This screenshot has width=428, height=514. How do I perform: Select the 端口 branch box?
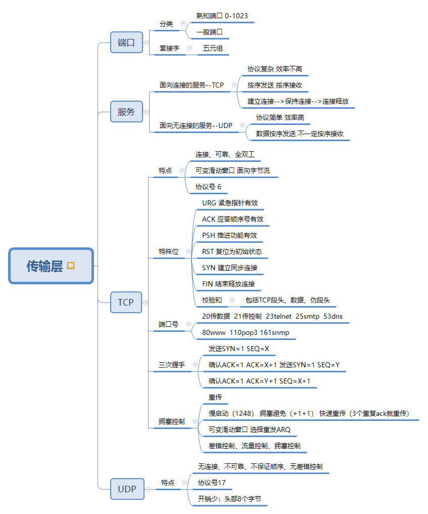tap(126, 42)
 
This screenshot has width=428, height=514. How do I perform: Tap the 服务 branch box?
tap(126, 112)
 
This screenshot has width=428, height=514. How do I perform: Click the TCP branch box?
tap(126, 303)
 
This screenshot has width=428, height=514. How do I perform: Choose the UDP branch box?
tap(127, 489)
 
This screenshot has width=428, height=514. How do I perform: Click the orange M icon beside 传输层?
tap(71, 265)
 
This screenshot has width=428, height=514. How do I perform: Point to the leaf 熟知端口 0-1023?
tap(222, 16)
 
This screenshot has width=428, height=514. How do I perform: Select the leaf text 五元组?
tap(213, 49)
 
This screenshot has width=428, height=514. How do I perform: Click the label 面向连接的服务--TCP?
tap(192, 85)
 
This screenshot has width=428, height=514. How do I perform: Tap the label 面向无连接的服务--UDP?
tap(196, 125)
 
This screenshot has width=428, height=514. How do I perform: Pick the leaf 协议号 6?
tap(208, 187)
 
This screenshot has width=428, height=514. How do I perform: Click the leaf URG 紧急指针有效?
tap(230, 203)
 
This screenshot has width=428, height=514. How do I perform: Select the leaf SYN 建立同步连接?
tap(229, 268)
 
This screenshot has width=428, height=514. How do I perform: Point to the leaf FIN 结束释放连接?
tap(228, 284)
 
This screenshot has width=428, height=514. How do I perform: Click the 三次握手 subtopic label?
tap(172, 365)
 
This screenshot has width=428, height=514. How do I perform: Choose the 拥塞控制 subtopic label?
tap(171, 421)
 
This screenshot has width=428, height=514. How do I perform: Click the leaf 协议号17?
tap(212, 483)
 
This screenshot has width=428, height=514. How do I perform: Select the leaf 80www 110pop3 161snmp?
tap(242, 333)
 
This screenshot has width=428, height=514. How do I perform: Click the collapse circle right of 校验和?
tap(232, 300)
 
